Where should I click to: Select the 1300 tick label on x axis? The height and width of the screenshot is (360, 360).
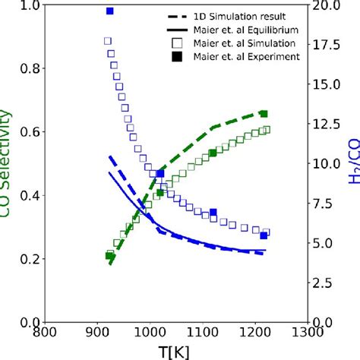click(x=306, y=332)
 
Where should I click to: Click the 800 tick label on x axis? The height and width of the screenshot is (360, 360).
click(x=46, y=332)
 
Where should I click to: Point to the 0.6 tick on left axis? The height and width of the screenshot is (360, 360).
click(x=29, y=132)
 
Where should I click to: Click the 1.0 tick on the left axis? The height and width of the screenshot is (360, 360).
click(x=29, y=5)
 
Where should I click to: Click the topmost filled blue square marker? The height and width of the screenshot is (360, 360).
click(x=109, y=11)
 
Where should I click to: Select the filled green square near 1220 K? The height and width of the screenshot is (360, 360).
click(x=264, y=114)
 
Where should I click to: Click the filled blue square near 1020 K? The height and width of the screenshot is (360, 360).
click(x=160, y=174)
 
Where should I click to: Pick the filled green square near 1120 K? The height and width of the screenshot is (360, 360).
click(x=213, y=153)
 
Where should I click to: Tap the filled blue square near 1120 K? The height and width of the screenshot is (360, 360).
click(x=213, y=213)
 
